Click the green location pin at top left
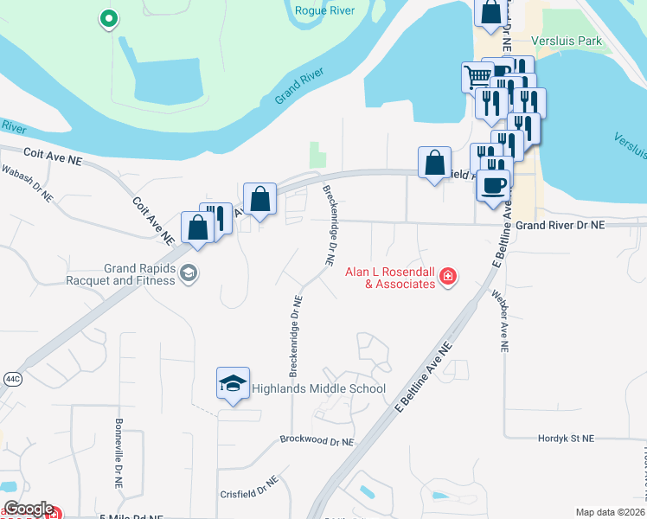(x=108, y=18)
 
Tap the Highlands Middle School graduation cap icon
(x=233, y=385)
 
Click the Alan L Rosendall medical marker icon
(x=449, y=277)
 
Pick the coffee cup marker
(x=493, y=184)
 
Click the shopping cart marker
(x=477, y=77)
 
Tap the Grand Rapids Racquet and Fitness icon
(x=188, y=274)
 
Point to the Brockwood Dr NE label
(x=317, y=439)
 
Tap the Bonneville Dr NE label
(x=119, y=450)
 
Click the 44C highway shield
(x=11, y=378)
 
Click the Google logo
(x=28, y=509)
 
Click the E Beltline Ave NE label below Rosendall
(x=424, y=378)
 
